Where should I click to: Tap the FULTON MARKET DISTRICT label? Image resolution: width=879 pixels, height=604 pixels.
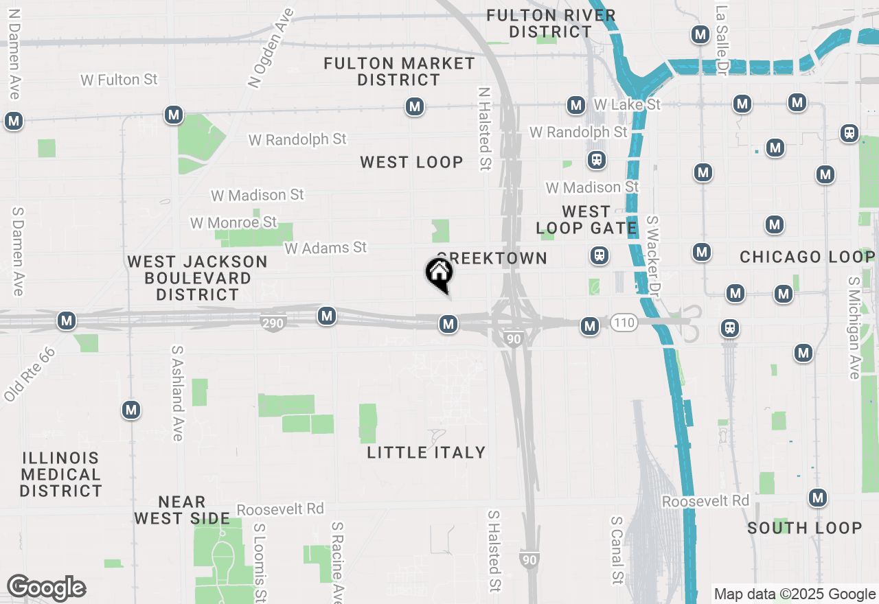tap(399, 72)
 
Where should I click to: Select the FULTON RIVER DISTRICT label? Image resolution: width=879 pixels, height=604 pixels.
tap(551, 23)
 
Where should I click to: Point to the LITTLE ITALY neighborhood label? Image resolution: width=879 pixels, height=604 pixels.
tap(426, 452)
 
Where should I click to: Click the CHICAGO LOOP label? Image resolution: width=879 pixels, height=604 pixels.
tap(807, 257)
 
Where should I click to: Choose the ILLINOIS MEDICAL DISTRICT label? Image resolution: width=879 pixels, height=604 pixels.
tap(61, 474)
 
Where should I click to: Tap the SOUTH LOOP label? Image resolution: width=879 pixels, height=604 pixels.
tap(804, 528)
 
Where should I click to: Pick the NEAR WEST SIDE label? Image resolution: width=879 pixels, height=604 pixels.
tap(182, 510)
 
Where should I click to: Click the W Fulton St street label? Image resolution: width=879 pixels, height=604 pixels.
tap(119, 80)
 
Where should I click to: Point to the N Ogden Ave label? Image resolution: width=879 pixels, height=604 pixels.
tap(271, 48)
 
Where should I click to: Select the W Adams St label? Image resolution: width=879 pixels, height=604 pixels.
tap(326, 247)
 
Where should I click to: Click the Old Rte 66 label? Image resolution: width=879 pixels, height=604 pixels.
tap(29, 374)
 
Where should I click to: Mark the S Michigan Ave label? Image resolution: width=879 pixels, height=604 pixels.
tap(854, 328)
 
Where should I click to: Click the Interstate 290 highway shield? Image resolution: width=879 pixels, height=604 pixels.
tap(273, 322)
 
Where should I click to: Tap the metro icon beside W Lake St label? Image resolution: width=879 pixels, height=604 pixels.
tap(575, 105)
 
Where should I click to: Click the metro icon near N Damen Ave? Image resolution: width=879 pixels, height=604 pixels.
tap(14, 121)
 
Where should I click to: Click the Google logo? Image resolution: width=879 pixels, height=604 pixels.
tap(46, 588)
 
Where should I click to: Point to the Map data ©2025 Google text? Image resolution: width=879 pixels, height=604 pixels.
tap(795, 594)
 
